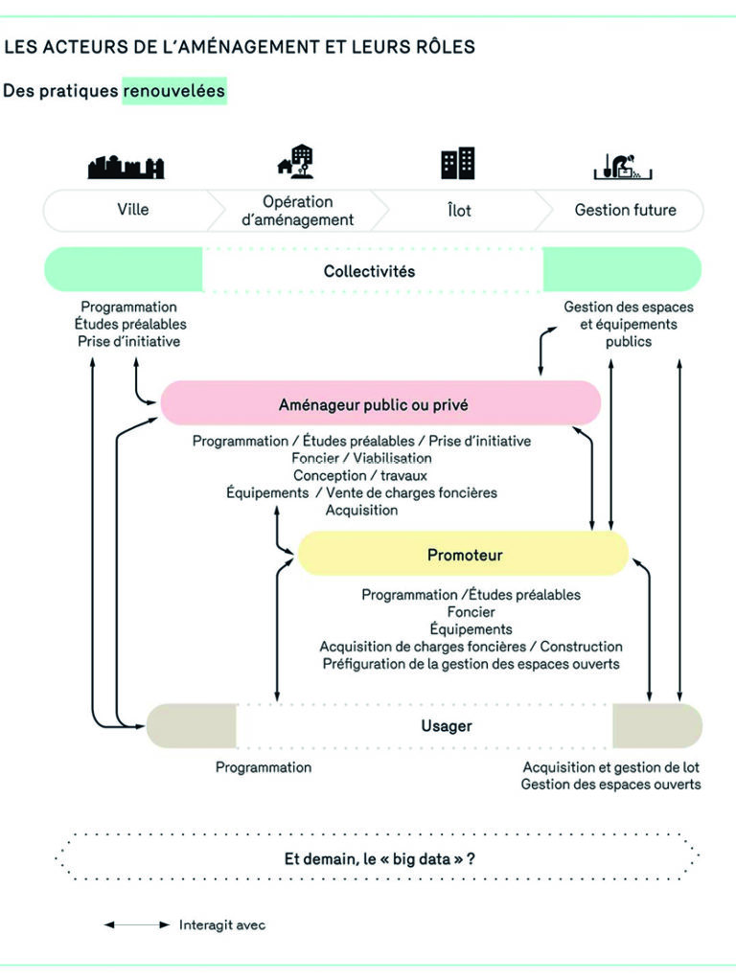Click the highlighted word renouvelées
click(x=174, y=91)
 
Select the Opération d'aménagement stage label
click(x=297, y=211)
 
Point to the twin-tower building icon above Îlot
click(x=458, y=164)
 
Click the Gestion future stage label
click(x=625, y=210)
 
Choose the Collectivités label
click(x=369, y=271)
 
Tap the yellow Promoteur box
click(x=464, y=555)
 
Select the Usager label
click(x=446, y=726)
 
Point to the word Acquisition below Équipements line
click(x=361, y=510)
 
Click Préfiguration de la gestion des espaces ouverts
click(x=471, y=663)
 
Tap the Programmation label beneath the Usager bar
click(x=263, y=767)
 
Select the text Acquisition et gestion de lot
click(x=610, y=767)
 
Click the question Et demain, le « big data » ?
click(x=379, y=858)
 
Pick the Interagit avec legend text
click(x=222, y=925)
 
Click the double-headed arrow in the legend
click(x=136, y=925)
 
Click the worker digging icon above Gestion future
click(x=624, y=166)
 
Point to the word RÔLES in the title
click(x=435, y=47)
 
